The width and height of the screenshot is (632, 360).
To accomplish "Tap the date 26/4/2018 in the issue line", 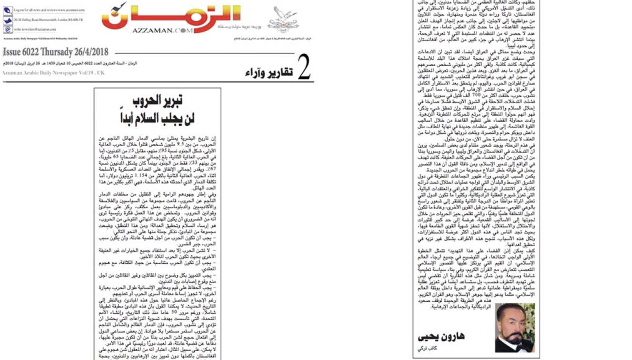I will (x=91, y=52).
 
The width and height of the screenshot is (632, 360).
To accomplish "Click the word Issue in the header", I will (x=12, y=52).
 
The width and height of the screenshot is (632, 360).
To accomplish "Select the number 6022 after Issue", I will (x=33, y=52).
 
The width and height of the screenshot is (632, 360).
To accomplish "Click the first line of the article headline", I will (x=158, y=100).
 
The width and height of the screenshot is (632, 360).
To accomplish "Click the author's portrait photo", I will (x=515, y=327).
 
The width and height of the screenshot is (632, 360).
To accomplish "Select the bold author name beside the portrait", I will (x=441, y=336).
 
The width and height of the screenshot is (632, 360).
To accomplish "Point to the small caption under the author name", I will (x=427, y=348).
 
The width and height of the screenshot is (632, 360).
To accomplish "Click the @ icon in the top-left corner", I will (x=8, y=30).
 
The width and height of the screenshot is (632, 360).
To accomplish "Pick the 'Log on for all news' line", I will (x=49, y=10).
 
